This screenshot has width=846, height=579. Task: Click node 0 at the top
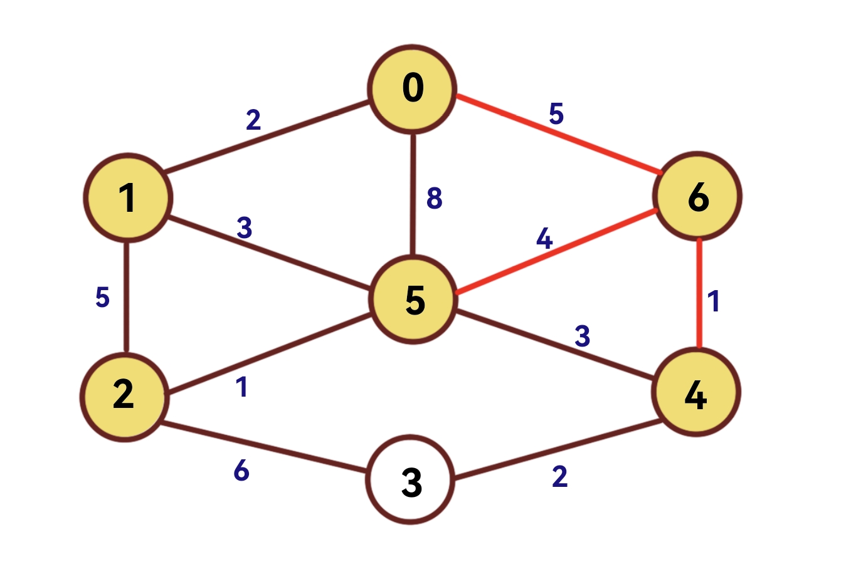pyautogui.click(x=412, y=89)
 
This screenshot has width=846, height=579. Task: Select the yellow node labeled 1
pyautogui.click(x=128, y=197)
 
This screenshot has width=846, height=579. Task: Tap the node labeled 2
pyautogui.click(x=124, y=397)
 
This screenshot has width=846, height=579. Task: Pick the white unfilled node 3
pyautogui.click(x=410, y=480)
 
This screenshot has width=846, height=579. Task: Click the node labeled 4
pyautogui.click(x=696, y=393)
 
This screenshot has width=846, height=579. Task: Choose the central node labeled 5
pyautogui.click(x=413, y=300)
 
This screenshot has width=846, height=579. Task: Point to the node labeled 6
pyautogui.click(x=697, y=196)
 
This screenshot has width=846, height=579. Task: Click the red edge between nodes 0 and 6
pyautogui.click(x=558, y=133)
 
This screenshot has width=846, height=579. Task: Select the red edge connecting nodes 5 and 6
pyautogui.click(x=557, y=251)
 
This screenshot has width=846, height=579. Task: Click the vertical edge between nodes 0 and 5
pyautogui.click(x=413, y=194)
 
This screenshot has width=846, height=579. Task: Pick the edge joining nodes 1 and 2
pyautogui.click(x=127, y=296)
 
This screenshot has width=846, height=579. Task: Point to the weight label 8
pyautogui.click(x=434, y=199)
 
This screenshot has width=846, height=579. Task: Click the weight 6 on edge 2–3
pyautogui.click(x=241, y=470)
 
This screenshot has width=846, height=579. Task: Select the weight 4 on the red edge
pyautogui.click(x=544, y=239)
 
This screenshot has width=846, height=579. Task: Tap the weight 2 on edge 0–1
pyautogui.click(x=253, y=119)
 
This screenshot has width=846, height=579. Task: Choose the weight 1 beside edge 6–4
pyautogui.click(x=714, y=301)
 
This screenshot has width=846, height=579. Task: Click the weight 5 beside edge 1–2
pyautogui.click(x=102, y=297)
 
